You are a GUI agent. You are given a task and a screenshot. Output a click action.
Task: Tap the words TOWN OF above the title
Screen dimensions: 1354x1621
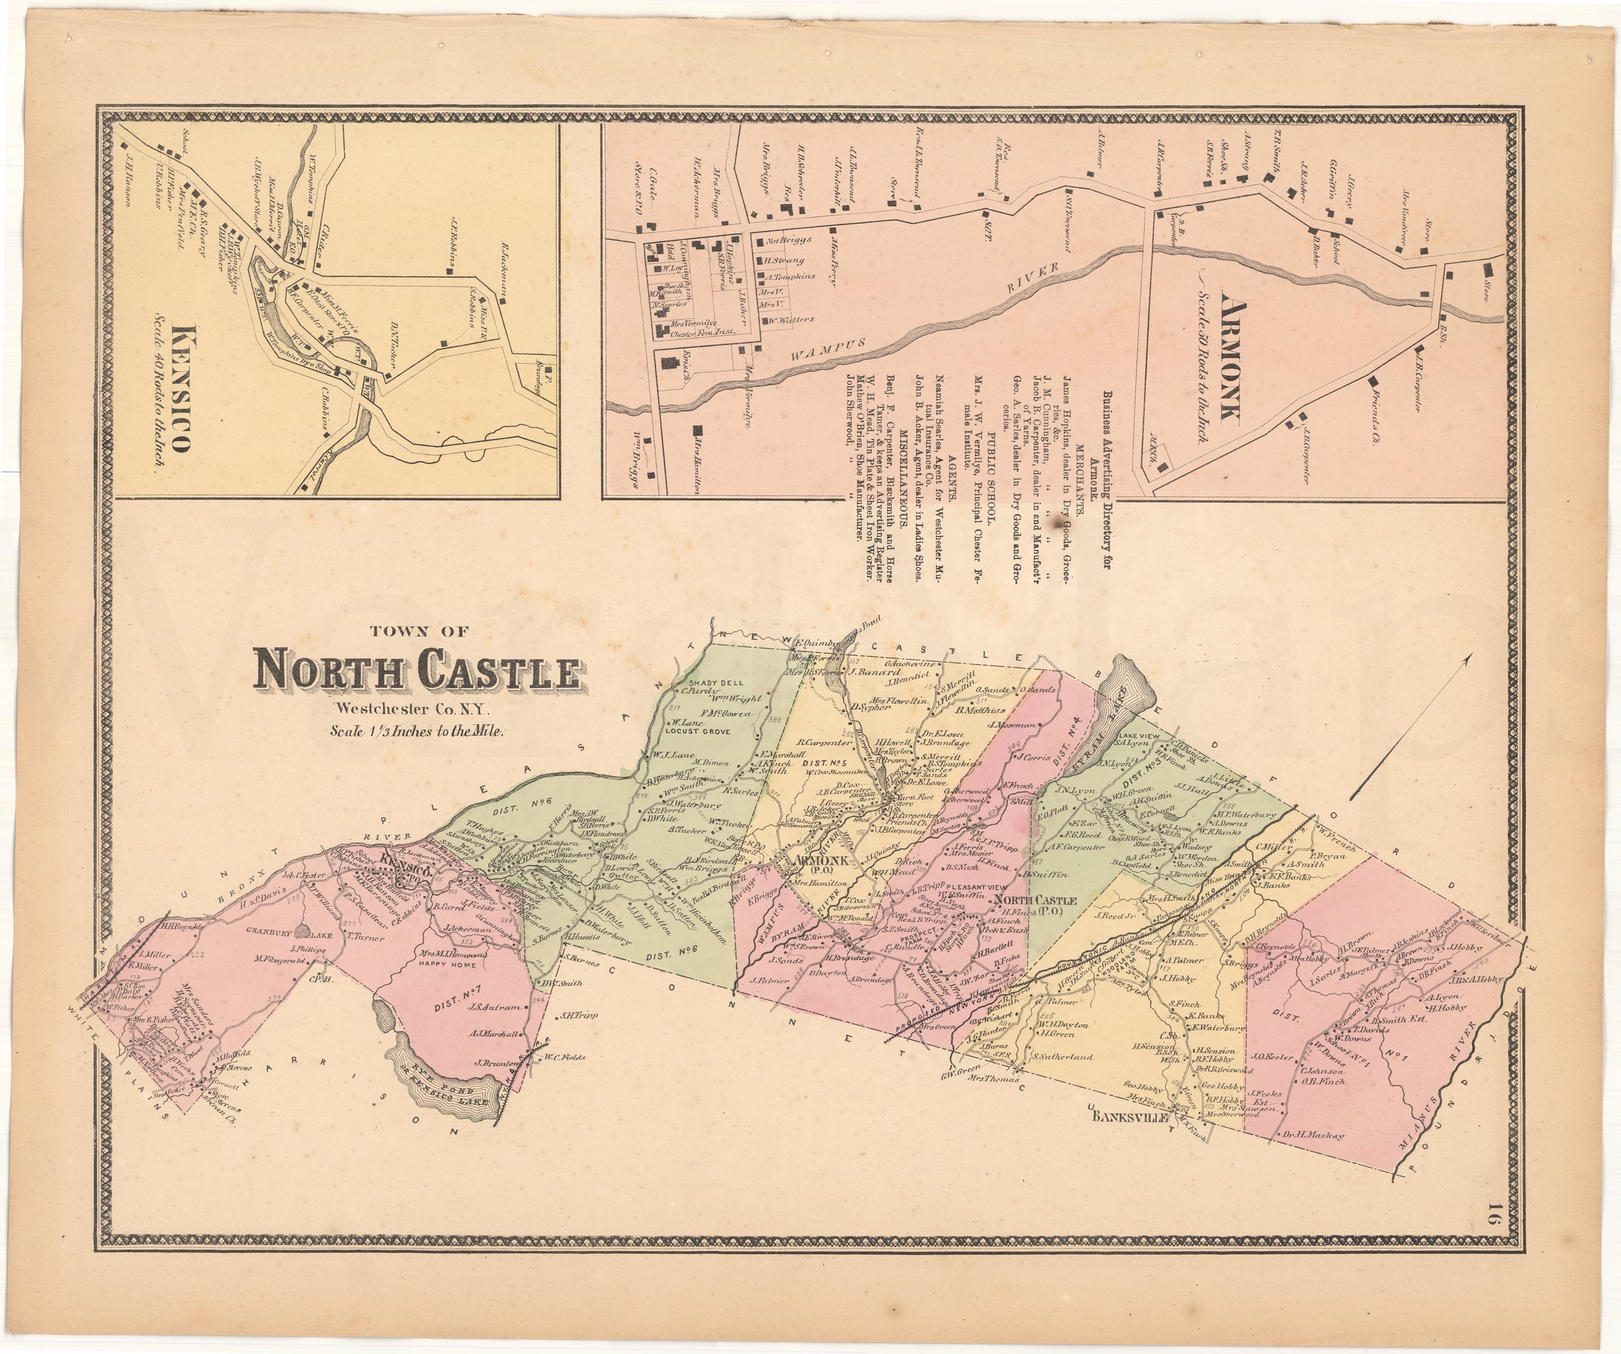(x=419, y=631)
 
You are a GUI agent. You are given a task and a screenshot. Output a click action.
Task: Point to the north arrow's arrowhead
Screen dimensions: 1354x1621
(x=1470, y=656)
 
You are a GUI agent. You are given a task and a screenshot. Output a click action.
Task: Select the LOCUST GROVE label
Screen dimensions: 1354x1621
(x=705, y=729)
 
